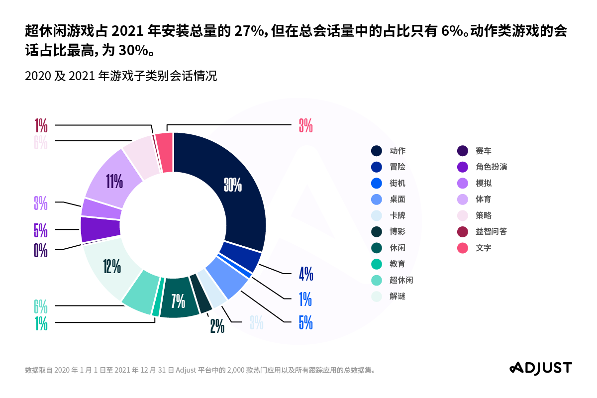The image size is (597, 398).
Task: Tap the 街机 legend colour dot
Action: [x=377, y=183]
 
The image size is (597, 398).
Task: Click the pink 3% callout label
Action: [x=305, y=126]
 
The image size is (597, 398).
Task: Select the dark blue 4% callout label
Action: [x=305, y=274]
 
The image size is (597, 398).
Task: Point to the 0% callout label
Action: [x=41, y=250]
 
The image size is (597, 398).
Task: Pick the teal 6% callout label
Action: [x=41, y=305]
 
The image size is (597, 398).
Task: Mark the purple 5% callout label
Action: [x=41, y=230]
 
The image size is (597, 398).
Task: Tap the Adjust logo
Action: [x=540, y=368]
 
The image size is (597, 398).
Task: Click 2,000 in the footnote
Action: [x=235, y=370]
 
